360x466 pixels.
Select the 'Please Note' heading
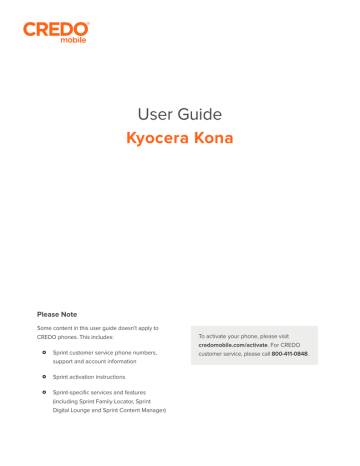pyautogui.click(x=63, y=314)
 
